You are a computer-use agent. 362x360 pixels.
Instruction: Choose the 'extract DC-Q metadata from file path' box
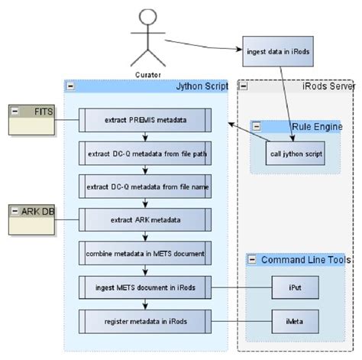point(144,153)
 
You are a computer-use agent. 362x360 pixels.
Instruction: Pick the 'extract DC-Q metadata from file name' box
point(144,186)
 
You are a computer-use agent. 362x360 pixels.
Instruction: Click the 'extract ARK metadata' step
point(144,220)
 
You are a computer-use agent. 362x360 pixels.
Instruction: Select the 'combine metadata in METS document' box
point(144,253)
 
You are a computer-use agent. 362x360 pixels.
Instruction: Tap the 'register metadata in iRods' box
point(144,321)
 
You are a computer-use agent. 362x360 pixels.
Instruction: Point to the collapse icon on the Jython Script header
point(71,87)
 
